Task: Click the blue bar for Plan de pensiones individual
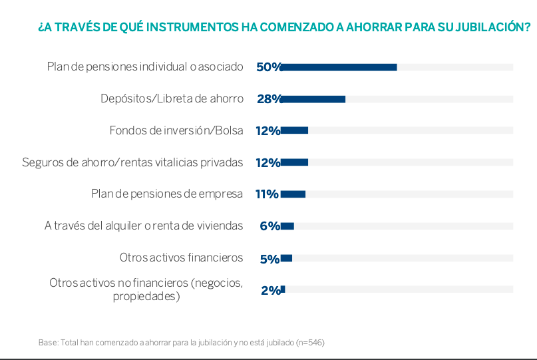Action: [339, 67]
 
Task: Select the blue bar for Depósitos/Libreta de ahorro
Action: [313, 99]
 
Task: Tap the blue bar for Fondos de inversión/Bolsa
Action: [294, 130]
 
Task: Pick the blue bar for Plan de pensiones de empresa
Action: [293, 194]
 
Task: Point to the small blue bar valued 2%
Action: [283, 289]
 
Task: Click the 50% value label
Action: [269, 67]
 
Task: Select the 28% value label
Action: [269, 99]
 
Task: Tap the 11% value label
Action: [267, 194]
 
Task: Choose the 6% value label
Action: [269, 226]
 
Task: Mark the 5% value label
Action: [269, 258]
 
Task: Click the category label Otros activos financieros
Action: [181, 258]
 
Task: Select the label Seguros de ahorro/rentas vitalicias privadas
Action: [132, 162]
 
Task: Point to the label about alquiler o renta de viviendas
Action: [144, 226]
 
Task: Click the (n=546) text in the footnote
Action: [310, 343]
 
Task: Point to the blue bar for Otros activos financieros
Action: [286, 258]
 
